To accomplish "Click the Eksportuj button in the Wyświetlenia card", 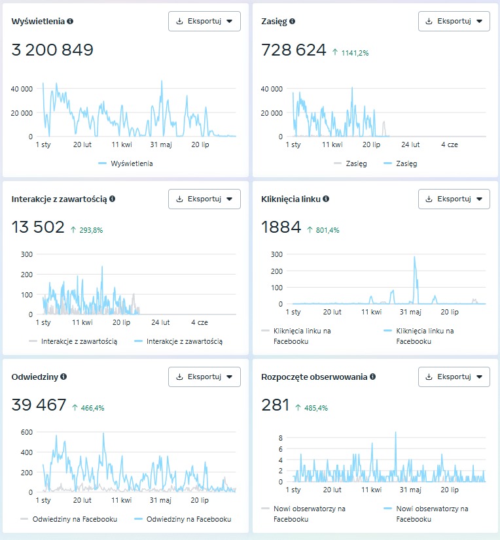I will coord(204,21).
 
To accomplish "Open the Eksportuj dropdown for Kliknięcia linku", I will coord(454,199).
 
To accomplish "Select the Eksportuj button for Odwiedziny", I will coord(204,377).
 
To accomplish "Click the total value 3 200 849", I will coord(53,50).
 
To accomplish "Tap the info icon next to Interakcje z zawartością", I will coord(113,199).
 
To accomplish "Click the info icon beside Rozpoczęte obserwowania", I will coord(372,377).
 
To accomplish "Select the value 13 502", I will coord(38,228).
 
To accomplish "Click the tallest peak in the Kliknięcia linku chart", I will coord(414,258).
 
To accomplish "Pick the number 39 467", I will coord(39,405).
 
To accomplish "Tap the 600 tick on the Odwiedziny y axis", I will coord(26,432).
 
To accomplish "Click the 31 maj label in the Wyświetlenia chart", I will coord(160,144).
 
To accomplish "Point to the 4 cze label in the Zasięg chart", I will coord(450,144).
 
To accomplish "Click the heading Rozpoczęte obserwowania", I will coord(314,377).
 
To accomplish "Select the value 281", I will coord(275,405).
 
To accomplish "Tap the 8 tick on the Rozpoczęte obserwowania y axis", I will coord(279,437).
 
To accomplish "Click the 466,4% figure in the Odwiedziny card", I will coord(92,408).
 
